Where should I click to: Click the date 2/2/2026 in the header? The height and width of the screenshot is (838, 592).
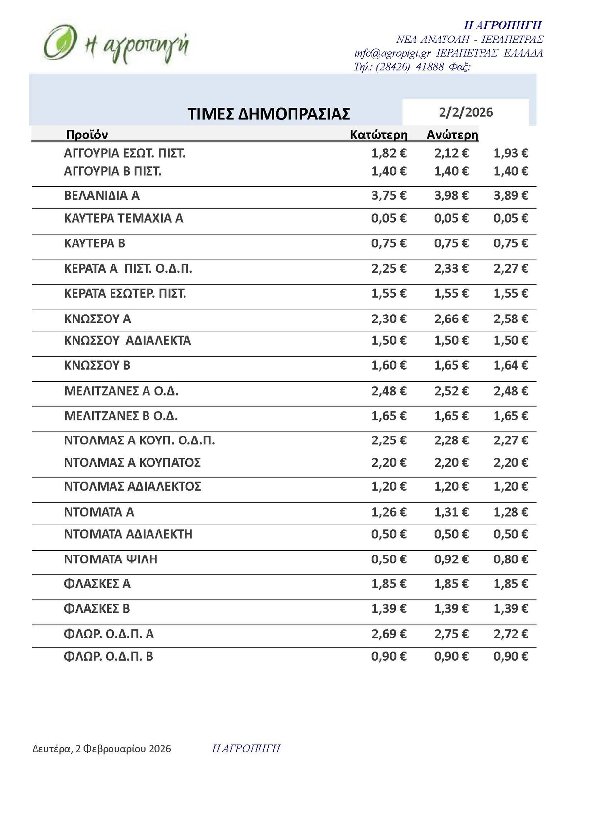point(466,112)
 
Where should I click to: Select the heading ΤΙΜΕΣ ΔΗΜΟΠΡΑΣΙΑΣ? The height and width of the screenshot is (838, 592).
point(269,114)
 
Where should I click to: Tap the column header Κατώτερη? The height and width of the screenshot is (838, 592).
point(378,135)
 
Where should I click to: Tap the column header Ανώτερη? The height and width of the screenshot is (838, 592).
point(452,135)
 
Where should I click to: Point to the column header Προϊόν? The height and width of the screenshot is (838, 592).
point(87,135)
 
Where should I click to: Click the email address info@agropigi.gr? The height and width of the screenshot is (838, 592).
point(392,53)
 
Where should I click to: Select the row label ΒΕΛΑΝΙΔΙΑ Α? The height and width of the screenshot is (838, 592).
point(102,196)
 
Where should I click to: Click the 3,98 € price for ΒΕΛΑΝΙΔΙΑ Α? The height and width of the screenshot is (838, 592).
point(451,196)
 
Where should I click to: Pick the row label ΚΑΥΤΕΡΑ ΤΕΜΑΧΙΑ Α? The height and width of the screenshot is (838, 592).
point(123,218)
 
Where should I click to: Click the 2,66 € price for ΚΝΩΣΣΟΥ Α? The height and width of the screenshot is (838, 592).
point(451,319)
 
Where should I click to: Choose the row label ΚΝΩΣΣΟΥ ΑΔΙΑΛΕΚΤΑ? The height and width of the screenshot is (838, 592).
point(127,340)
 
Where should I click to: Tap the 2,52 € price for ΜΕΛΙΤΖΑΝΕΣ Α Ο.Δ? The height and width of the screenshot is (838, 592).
point(451,391)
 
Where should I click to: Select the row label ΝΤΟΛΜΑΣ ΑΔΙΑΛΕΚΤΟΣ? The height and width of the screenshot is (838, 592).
point(132,487)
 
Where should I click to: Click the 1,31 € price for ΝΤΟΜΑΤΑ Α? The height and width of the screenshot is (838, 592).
point(451,512)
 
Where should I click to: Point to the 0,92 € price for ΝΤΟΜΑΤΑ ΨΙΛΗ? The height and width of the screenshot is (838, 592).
point(451,559)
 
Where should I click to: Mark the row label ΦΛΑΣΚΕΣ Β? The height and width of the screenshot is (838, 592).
point(97,609)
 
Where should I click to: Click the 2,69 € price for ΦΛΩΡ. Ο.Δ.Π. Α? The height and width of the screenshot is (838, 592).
point(389,634)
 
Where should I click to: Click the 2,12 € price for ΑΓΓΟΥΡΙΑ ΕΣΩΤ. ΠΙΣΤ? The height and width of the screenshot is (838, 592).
point(451,153)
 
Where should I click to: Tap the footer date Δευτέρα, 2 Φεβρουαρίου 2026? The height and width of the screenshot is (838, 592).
point(102,749)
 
